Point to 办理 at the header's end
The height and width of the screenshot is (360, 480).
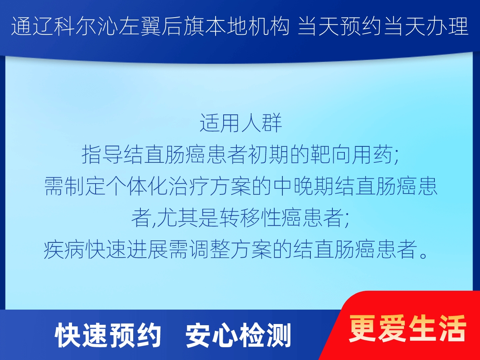448,27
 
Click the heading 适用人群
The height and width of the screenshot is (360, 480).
241,123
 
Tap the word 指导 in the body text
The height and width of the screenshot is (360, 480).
102,154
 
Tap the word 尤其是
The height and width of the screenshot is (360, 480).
188,218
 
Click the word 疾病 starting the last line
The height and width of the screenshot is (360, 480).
64,249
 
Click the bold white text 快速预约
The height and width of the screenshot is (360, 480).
108,336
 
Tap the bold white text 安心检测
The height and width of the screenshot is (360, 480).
238,336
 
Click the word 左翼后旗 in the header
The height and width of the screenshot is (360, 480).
161,27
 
